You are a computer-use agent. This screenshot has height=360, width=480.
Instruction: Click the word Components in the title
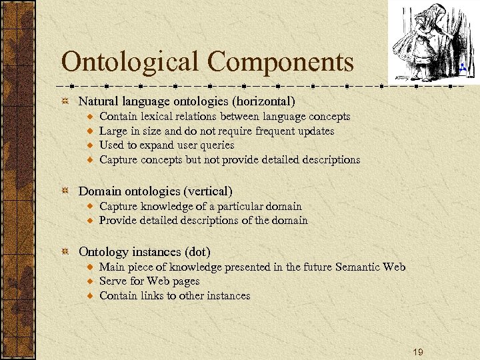[281, 63]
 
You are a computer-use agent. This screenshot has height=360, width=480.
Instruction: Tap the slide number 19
[417, 351]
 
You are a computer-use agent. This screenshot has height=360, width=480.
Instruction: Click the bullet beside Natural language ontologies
[65, 101]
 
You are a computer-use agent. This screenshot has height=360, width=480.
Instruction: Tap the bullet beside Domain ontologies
[65, 192]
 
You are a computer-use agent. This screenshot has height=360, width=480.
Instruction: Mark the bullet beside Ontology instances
[65, 252]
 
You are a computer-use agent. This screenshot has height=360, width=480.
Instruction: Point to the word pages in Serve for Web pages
[186, 281]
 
